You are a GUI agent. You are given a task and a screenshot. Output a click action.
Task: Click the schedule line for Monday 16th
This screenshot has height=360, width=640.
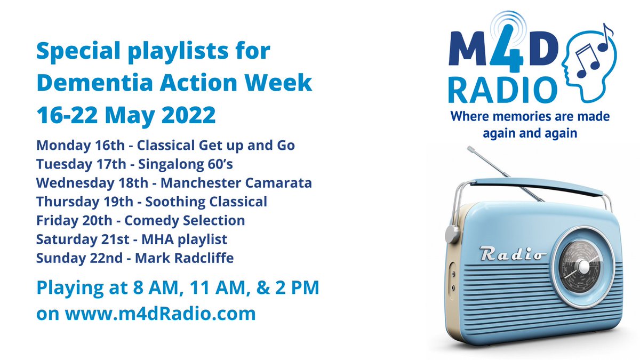(x=165, y=146)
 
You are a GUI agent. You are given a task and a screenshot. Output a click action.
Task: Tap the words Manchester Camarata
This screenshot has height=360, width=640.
(x=236, y=183)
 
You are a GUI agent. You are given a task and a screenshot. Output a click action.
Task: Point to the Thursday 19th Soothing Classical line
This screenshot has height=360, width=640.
(x=151, y=202)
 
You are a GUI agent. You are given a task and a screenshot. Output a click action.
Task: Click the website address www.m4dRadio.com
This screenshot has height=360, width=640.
(x=160, y=313)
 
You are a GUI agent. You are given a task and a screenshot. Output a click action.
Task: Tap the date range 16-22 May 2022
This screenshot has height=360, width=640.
(x=126, y=114)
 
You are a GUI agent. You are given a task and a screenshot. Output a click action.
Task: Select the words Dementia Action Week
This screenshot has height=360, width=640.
(x=174, y=83)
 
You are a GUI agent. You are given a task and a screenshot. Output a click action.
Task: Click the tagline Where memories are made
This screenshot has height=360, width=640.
(x=530, y=116)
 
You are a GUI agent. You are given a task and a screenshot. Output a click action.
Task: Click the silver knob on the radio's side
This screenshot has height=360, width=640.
(x=452, y=233)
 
